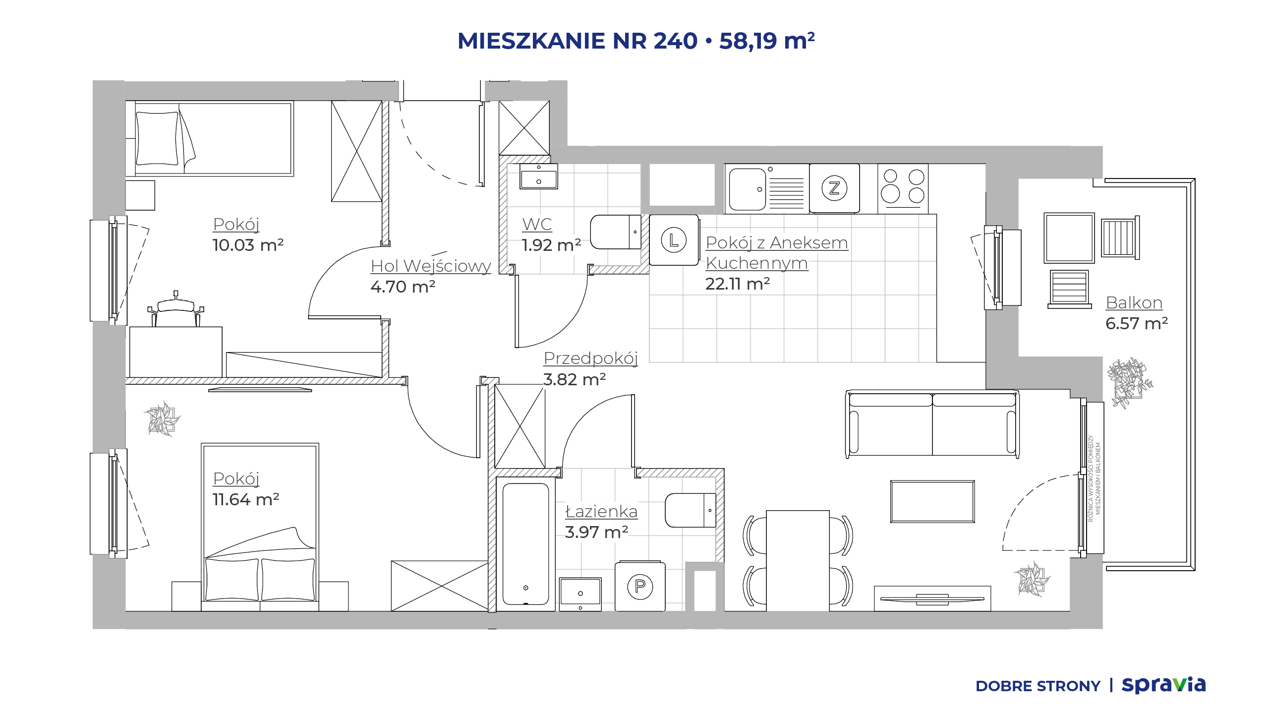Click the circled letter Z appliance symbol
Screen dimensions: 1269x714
pyautogui.click(x=834, y=188)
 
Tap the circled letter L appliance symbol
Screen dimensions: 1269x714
pyautogui.click(x=674, y=240)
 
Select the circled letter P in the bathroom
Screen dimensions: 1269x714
pyautogui.click(x=640, y=587)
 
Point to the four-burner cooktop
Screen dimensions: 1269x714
pyautogui.click(x=903, y=189)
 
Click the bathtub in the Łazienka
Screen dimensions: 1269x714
pyautogui.click(x=525, y=544)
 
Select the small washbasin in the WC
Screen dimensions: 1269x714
pyautogui.click(x=539, y=177)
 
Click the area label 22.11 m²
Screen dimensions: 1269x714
pyautogui.click(x=738, y=284)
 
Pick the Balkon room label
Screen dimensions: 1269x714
pyautogui.click(x=1134, y=302)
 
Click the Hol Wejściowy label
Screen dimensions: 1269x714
pyautogui.click(x=431, y=266)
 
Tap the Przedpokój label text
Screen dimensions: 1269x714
pyautogui.click(x=590, y=358)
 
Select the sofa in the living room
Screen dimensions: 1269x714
pyautogui.click(x=932, y=424)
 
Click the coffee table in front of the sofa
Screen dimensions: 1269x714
pyautogui.click(x=932, y=501)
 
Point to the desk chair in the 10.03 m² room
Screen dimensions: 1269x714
pyautogui.click(x=176, y=309)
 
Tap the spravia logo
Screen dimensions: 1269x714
pyautogui.click(x=1163, y=685)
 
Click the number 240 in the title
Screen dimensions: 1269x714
pyautogui.click(x=676, y=41)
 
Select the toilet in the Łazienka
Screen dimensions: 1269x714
pyautogui.click(x=691, y=510)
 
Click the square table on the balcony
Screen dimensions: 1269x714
pyautogui.click(x=1069, y=238)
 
